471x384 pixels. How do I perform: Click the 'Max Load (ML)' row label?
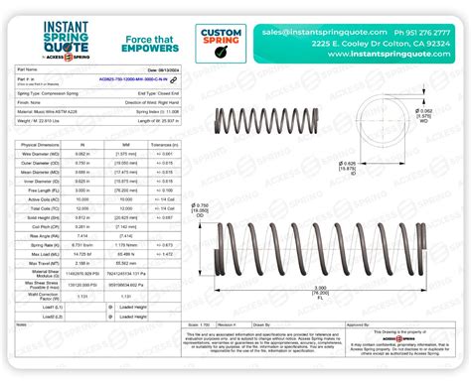pyautogui.click(x=39, y=253)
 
